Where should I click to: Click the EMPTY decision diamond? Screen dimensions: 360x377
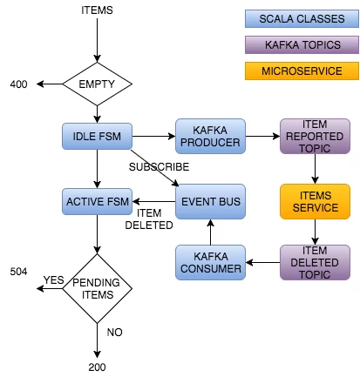(x=98, y=84)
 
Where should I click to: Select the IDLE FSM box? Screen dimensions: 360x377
(x=97, y=137)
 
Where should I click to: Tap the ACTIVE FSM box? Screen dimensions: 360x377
(x=97, y=202)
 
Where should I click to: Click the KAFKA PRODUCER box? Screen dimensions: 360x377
(x=210, y=136)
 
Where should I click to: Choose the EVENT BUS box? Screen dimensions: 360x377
(x=210, y=201)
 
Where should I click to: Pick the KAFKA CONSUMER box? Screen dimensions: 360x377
(x=210, y=263)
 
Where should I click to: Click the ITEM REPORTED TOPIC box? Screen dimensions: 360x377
(x=315, y=136)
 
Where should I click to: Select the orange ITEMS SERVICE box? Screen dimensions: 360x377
(x=315, y=201)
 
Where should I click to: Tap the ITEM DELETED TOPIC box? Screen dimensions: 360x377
(x=315, y=263)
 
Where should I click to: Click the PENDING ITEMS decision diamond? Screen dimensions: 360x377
(x=98, y=288)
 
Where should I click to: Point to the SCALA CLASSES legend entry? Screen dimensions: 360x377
(x=302, y=19)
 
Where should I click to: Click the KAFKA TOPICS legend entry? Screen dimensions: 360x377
(x=302, y=45)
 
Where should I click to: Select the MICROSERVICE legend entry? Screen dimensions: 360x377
(x=302, y=71)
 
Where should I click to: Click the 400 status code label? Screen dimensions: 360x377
(x=18, y=84)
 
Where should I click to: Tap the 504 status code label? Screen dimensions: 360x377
(x=18, y=272)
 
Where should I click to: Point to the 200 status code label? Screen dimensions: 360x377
(x=97, y=367)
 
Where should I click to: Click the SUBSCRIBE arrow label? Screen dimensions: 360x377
(x=159, y=167)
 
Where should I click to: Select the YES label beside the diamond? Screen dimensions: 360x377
(x=53, y=280)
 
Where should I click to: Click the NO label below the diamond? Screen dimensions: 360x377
(x=115, y=333)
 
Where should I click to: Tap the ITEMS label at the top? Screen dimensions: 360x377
(x=97, y=10)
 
